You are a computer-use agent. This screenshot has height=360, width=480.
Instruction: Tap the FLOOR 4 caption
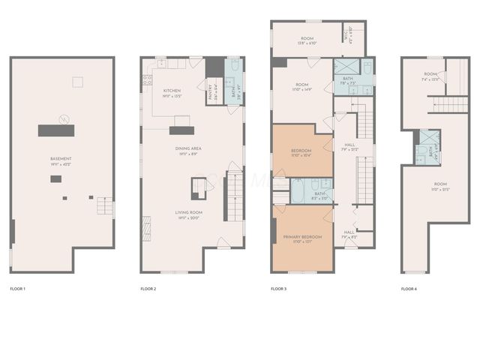pos(409,289)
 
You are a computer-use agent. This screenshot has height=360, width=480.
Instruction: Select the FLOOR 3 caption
pos(279,289)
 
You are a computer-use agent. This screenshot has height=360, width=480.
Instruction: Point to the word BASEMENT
pos(61,160)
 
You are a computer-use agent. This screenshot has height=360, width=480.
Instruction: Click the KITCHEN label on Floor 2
pos(172,91)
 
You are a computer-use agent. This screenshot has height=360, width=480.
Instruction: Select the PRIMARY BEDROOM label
pos(302,237)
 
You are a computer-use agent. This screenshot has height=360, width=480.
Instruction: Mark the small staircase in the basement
pos(105,205)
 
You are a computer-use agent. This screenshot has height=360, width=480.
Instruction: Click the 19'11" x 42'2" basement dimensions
pos(61,165)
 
